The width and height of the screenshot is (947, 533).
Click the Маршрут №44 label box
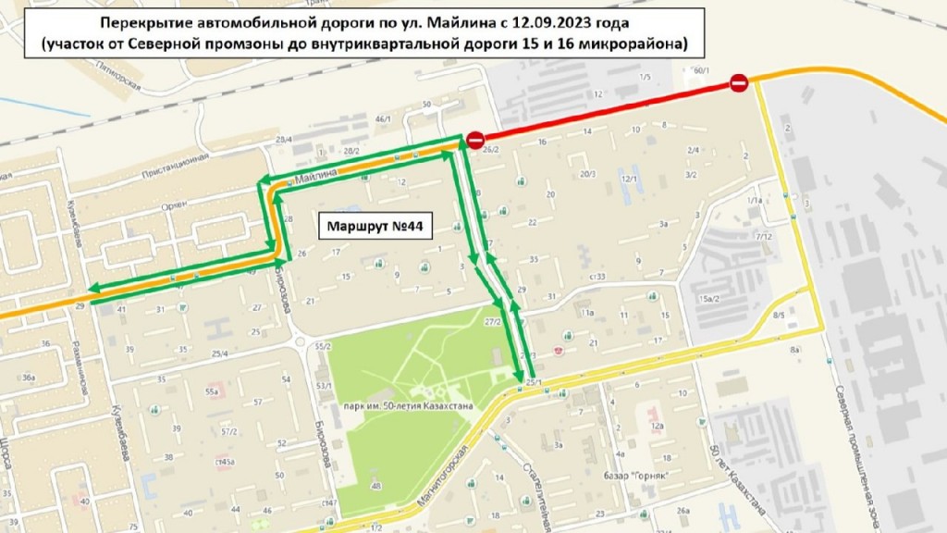click(x=377, y=226)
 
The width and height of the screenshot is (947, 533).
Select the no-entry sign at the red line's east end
click(x=739, y=83)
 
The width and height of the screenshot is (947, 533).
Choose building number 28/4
click(x=284, y=139)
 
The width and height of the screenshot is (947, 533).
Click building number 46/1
click(x=384, y=118)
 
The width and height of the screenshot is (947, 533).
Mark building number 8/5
click(x=779, y=316)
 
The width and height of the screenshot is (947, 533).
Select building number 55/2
click(x=323, y=346)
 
